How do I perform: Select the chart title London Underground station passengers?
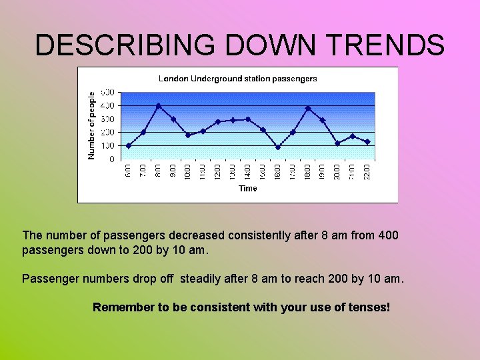coord(237,79)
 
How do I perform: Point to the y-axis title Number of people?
coord(92,125)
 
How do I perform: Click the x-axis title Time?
coord(247,189)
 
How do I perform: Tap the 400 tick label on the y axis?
coord(107,105)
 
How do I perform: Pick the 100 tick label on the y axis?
coord(107,146)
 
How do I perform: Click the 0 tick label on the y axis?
coord(111,160)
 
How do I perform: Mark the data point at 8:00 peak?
coord(158,106)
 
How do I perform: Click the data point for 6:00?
coord(128,145)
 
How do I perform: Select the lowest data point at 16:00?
coord(278,147)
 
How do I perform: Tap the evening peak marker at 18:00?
coord(308,108)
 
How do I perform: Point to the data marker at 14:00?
coord(248,119)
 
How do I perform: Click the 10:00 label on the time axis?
coord(188,171)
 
